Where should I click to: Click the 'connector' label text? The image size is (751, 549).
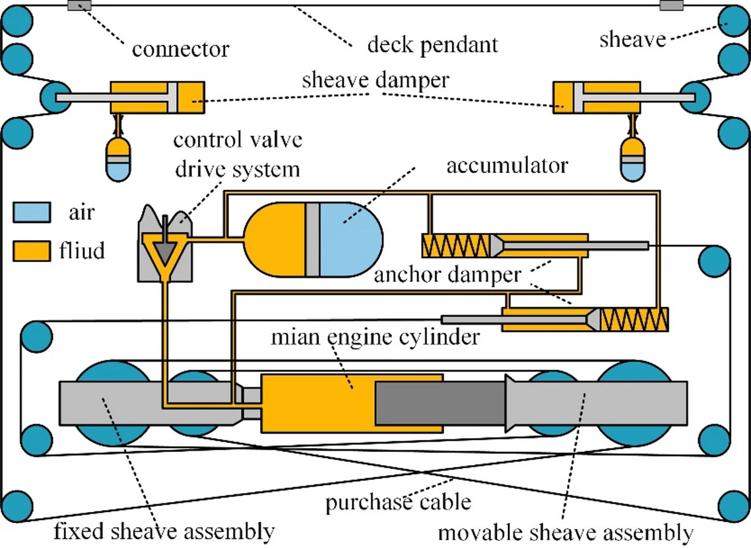coord(180,49)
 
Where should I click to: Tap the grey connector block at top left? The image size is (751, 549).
coord(80,6)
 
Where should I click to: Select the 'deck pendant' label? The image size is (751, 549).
coord(432,46)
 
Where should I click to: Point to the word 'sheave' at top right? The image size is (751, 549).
coord(632,40)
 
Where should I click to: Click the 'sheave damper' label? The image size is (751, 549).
coord(375,81)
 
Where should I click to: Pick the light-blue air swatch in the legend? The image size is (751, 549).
coord(31,212)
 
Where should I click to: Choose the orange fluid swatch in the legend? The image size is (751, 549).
coord(31,251)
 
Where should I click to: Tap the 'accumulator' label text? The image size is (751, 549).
coord(506,165)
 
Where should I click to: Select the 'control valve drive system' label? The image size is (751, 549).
coord(238,154)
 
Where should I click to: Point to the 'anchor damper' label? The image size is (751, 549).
coord(447,274)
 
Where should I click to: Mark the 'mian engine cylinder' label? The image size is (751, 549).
coord(375,337)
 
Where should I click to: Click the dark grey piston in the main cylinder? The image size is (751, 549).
coord(439,403)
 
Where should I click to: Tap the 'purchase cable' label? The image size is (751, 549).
coord(398,502)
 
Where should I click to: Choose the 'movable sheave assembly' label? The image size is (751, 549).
coord(566,532)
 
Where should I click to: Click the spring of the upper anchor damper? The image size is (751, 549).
coord(455,246)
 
